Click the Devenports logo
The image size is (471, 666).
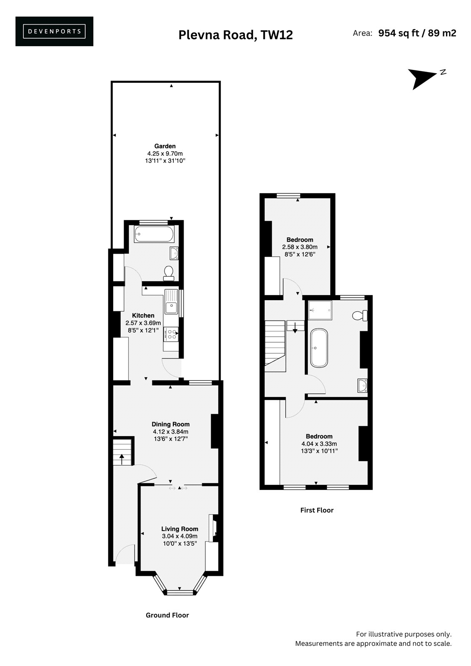(54, 31)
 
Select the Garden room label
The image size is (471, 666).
(165, 146)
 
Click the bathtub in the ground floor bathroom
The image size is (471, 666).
(154, 234)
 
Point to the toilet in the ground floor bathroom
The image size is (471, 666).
(169, 273)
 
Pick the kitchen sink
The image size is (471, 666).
(171, 301)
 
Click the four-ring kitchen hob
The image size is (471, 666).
(171, 333)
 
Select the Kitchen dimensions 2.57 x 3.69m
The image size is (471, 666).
(143, 323)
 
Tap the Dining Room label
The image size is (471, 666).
(170, 424)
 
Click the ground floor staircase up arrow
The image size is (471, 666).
(122, 460)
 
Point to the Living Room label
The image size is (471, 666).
(180, 529)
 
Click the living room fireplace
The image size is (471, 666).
(214, 528)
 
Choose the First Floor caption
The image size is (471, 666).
(317, 510)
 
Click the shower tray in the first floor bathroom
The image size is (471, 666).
(320, 310)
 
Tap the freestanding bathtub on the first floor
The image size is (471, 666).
(319, 348)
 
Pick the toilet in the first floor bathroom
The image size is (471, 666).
(360, 316)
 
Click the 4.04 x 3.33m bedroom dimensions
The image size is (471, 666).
(319, 444)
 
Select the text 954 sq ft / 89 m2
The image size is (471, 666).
(417, 33)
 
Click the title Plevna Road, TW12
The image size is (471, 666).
(236, 35)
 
